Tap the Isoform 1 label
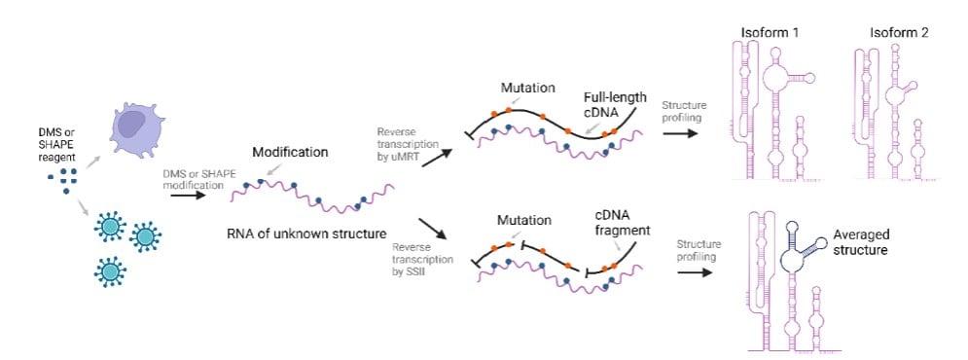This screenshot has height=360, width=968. (x=771, y=33)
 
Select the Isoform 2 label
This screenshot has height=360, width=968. (x=899, y=33)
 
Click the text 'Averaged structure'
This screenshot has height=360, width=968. (x=861, y=242)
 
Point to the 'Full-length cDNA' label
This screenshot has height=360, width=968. (x=615, y=104)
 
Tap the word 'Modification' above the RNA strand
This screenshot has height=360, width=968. (x=290, y=152)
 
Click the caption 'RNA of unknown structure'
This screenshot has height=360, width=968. (x=307, y=234)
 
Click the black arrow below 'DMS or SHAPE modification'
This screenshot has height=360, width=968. (x=189, y=196)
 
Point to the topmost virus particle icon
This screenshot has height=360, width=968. (x=111, y=226)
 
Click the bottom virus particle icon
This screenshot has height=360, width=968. (x=110, y=270)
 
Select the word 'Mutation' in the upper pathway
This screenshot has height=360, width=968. (x=528, y=88)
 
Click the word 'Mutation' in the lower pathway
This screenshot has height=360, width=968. (x=523, y=221)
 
